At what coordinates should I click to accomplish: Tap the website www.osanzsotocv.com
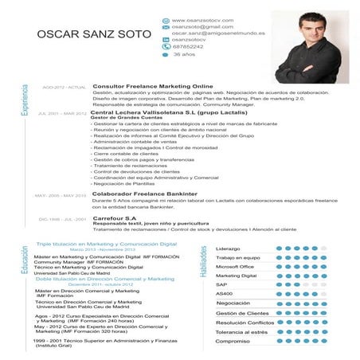click(202, 18)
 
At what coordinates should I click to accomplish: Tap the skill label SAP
click(221, 284)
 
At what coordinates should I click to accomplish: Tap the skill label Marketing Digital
click(237, 276)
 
